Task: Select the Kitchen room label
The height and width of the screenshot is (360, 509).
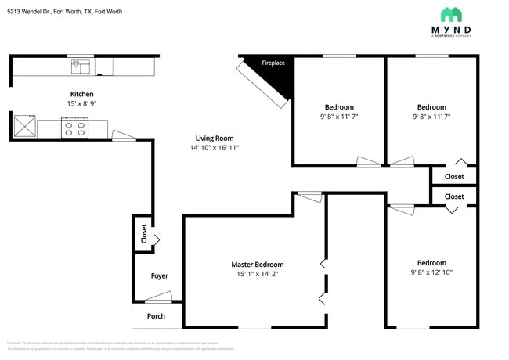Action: (x=82, y=94)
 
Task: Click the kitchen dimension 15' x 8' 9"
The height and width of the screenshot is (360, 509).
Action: (x=82, y=103)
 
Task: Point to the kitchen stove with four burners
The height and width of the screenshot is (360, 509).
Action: (x=75, y=127)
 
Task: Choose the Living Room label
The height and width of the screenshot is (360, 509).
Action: (x=215, y=139)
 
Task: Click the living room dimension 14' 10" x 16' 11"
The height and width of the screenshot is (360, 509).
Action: (x=215, y=148)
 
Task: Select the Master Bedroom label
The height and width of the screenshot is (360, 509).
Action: (x=257, y=265)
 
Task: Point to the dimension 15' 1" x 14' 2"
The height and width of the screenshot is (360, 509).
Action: (x=257, y=274)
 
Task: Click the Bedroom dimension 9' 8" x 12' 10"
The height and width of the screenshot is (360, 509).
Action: (x=431, y=272)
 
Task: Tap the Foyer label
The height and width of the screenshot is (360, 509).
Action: (x=159, y=275)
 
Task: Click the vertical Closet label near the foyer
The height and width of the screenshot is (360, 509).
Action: (x=143, y=234)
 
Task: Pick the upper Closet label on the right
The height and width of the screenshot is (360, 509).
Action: (x=453, y=177)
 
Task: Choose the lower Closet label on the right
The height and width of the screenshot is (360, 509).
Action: (x=453, y=196)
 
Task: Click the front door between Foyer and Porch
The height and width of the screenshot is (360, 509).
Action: (x=159, y=298)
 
